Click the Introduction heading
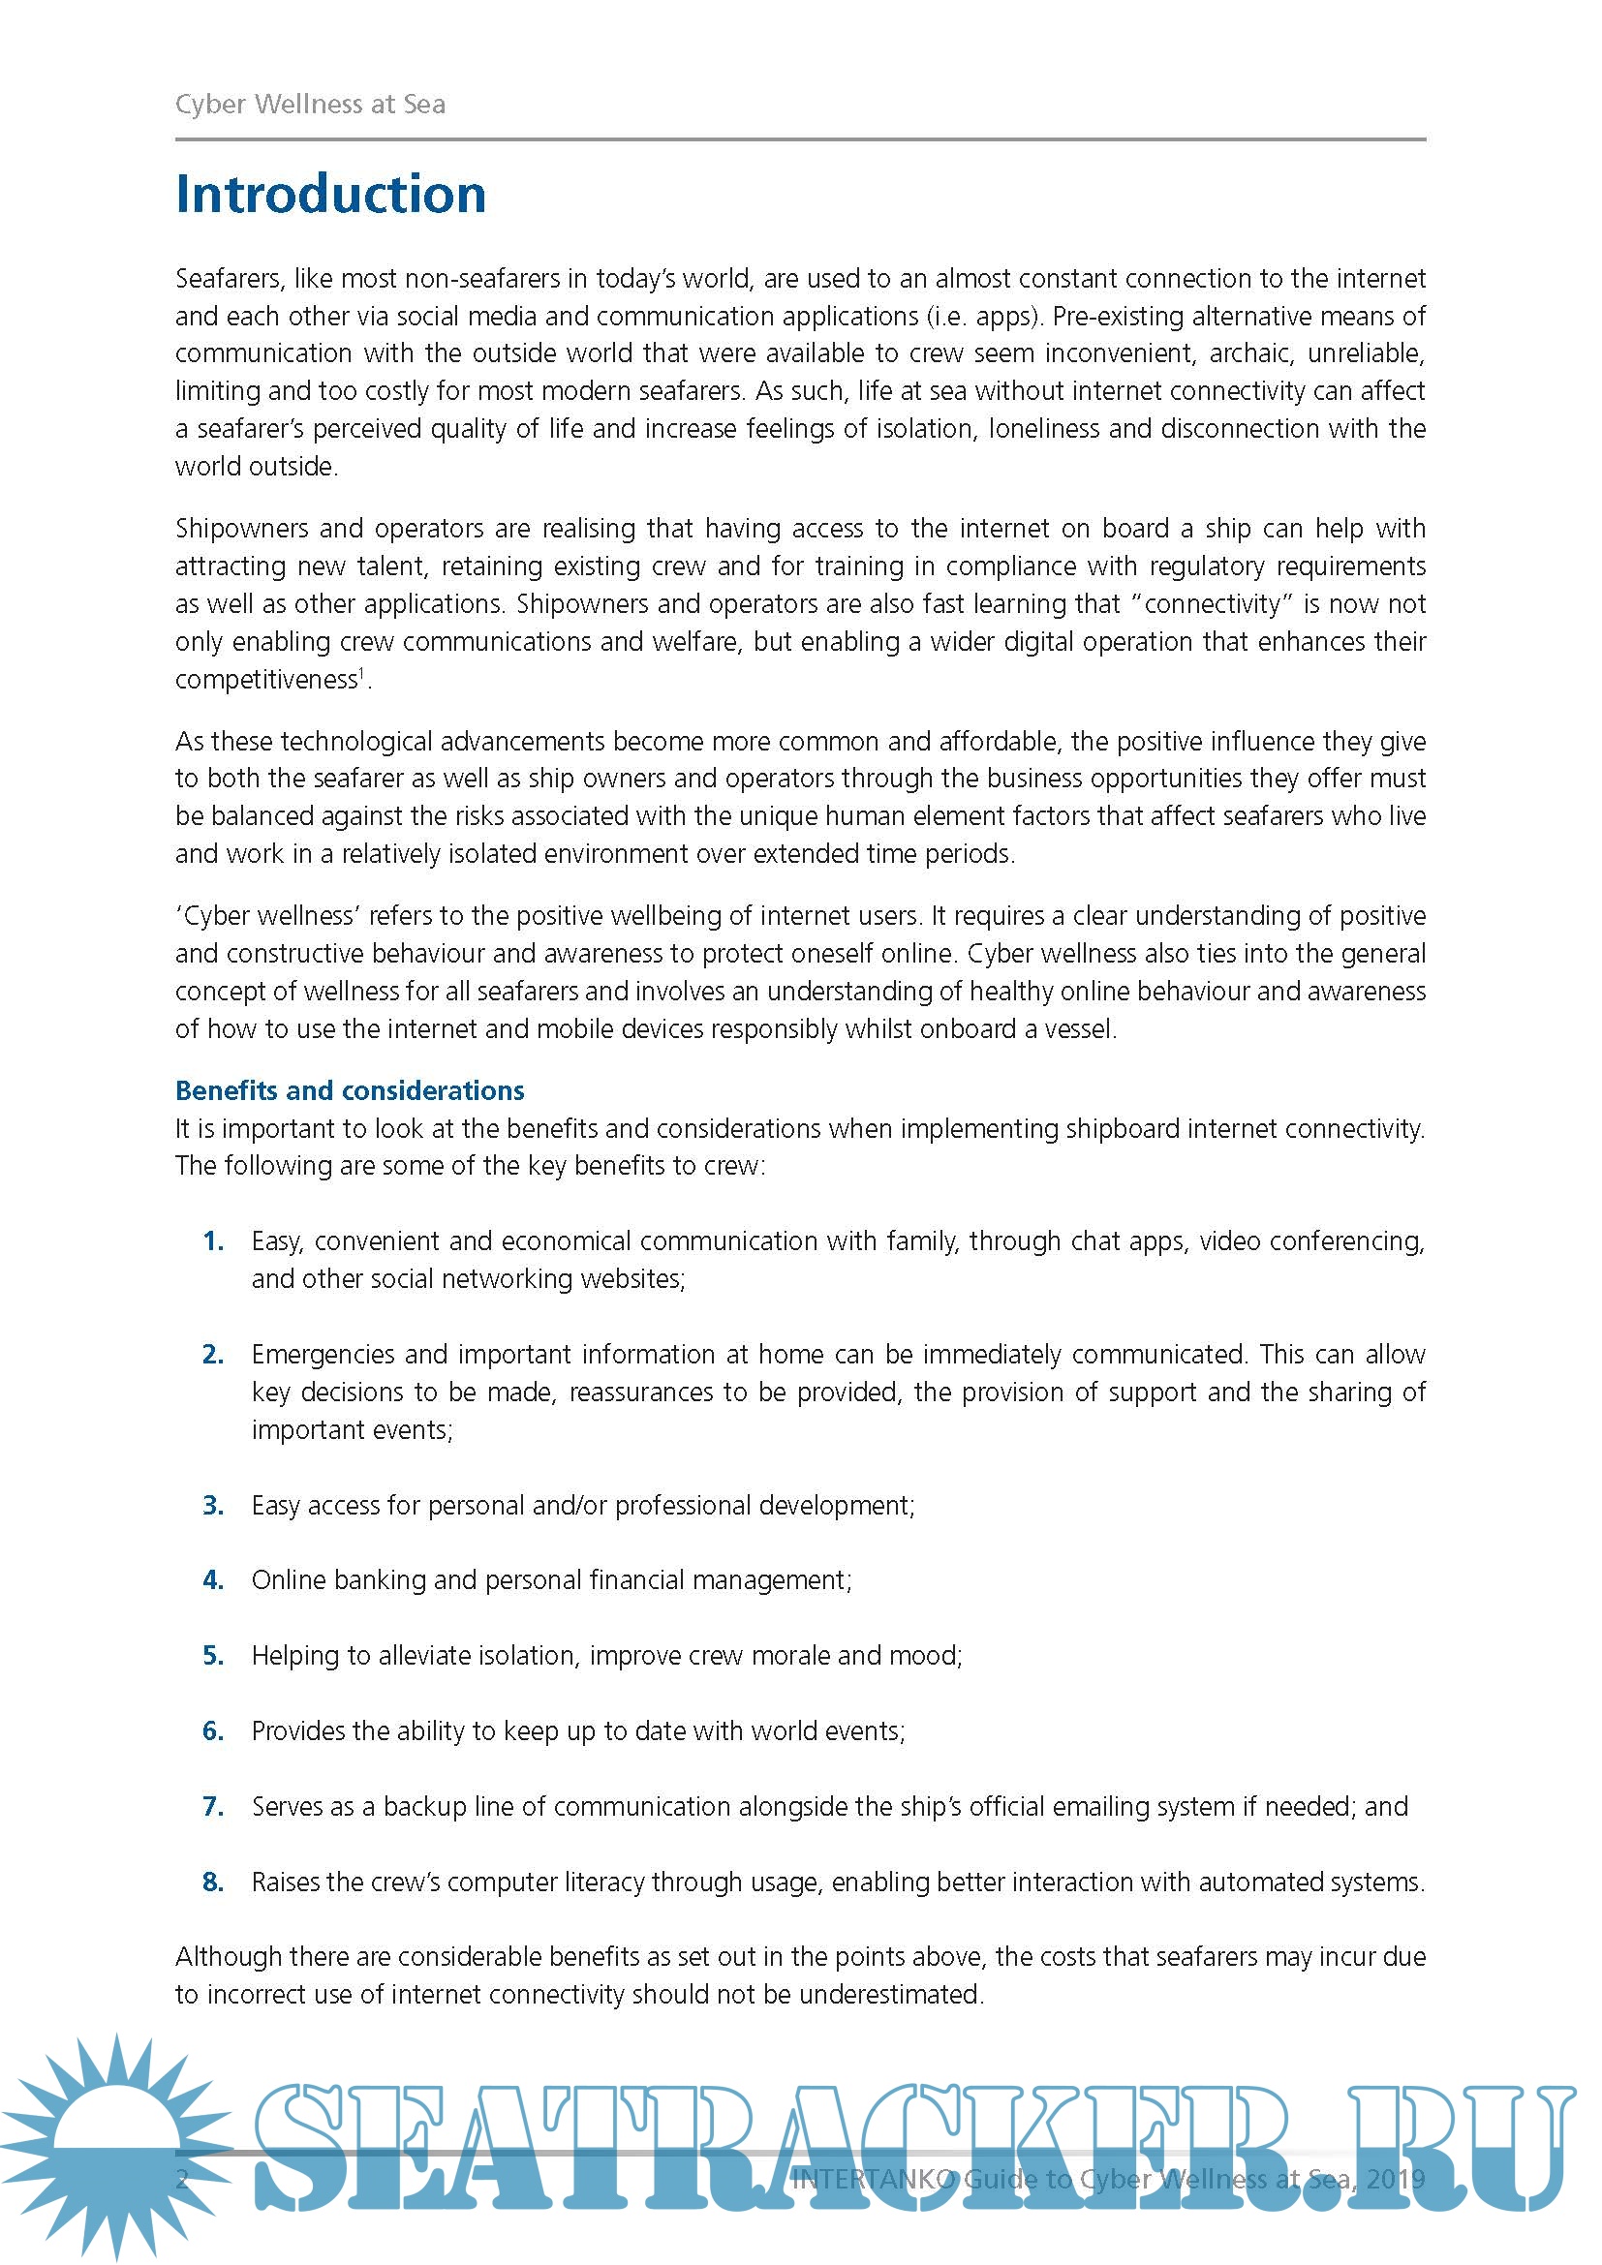point(330,195)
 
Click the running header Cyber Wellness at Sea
point(310,105)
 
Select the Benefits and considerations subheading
point(350,1090)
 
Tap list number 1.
point(213,1241)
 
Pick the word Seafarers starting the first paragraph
point(230,279)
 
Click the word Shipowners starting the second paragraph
point(241,529)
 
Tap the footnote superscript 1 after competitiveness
point(362,674)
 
